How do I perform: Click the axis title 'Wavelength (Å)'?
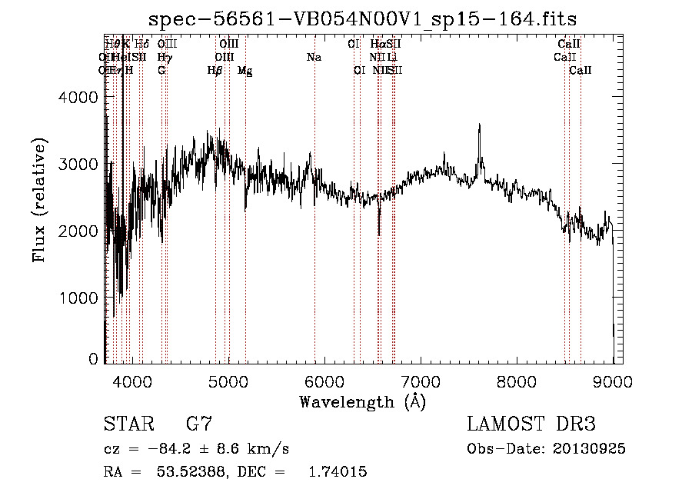(362, 401)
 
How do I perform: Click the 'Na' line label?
(314, 57)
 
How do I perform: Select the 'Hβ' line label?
(215, 70)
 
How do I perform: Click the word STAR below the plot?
(128, 424)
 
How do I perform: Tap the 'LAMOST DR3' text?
(531, 424)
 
